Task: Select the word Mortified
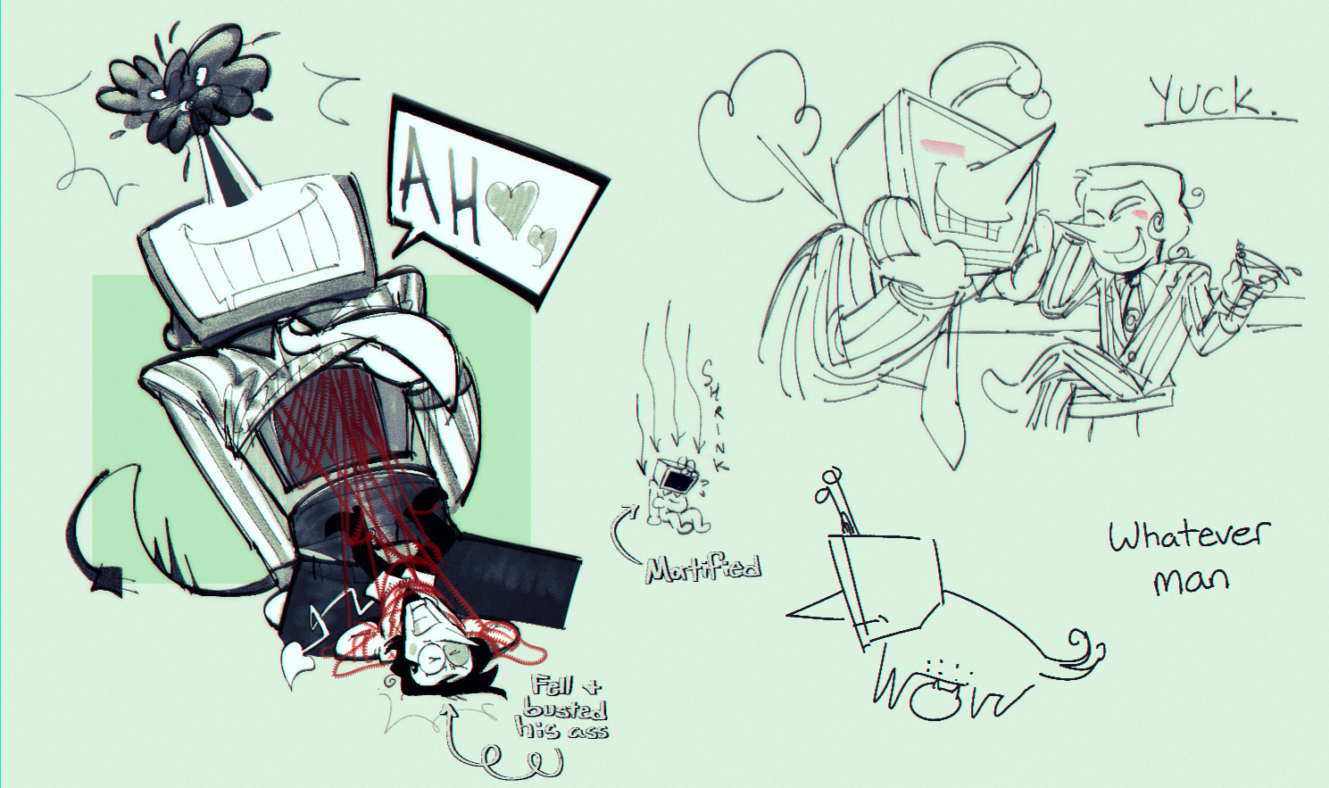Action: [703, 569]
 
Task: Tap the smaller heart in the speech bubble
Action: [543, 240]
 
